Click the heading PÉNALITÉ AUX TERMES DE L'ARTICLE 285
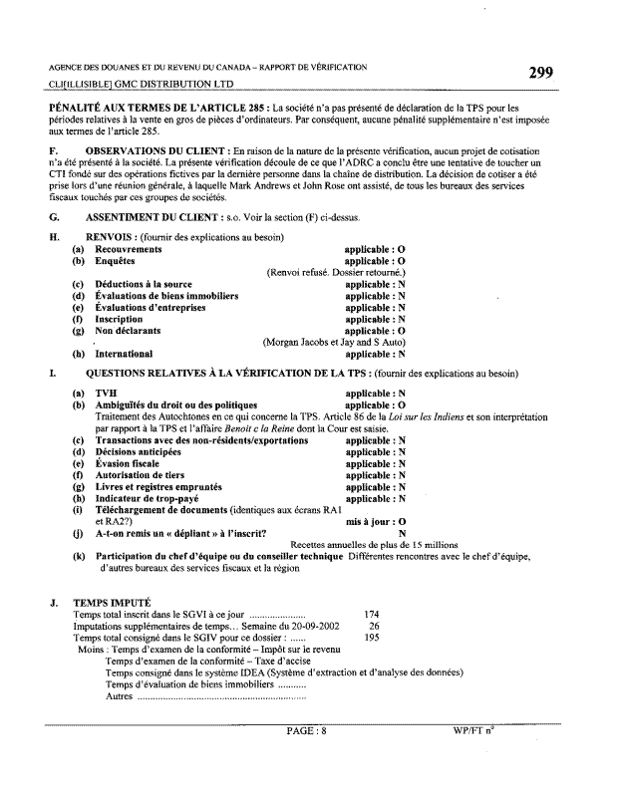(158, 107)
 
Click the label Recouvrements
(128, 249)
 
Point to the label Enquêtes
(115, 260)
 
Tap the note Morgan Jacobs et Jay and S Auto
(334, 342)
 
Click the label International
(124, 353)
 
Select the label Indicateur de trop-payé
(145, 498)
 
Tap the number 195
(372, 638)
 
